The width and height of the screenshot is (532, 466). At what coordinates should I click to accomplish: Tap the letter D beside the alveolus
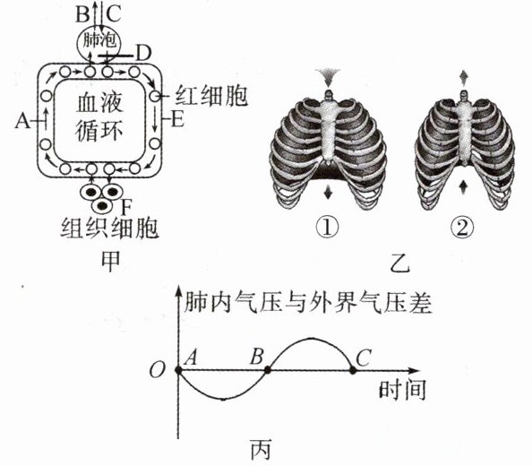[x=143, y=53]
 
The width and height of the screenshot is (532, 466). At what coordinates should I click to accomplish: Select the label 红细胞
[x=211, y=96]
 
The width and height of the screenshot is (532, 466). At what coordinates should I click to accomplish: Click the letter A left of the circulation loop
[x=22, y=121]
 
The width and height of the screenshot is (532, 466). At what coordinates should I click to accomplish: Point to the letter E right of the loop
[x=177, y=119]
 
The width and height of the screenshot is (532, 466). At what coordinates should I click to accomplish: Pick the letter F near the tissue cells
[x=126, y=207]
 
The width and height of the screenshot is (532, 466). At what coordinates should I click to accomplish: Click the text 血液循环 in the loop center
[x=99, y=117]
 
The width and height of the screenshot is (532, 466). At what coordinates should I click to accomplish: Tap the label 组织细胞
[x=109, y=228]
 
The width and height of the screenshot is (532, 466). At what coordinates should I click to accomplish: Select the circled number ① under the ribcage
[x=327, y=227]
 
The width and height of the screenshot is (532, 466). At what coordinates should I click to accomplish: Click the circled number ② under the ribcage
[x=462, y=227]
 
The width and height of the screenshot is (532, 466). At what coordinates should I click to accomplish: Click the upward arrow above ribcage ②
[x=463, y=77]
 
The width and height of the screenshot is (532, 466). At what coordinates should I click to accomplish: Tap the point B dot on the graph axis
[x=268, y=370]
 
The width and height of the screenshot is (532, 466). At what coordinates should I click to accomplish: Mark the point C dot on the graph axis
[x=353, y=370]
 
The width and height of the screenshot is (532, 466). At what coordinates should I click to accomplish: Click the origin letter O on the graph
[x=157, y=370]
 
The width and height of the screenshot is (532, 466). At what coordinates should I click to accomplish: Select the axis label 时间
[x=402, y=390]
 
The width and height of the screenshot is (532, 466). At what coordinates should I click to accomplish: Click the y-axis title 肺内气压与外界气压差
[x=307, y=303]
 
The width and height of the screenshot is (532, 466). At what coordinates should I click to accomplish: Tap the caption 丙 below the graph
[x=261, y=450]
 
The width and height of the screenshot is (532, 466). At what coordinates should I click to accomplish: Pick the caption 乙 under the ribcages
[x=399, y=263]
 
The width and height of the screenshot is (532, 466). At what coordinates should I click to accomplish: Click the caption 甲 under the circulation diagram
[x=111, y=262]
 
